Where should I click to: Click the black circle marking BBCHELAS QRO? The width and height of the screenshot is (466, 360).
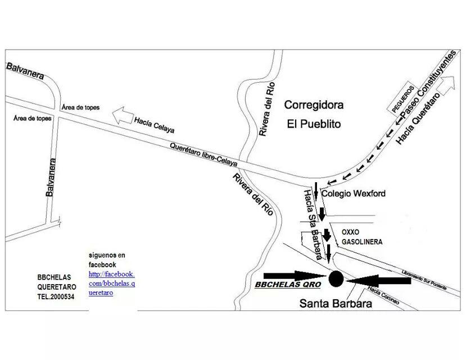pos(336,278)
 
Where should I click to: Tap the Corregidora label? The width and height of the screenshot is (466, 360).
pos(314,105)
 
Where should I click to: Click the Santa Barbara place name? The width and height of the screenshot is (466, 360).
pos(336,304)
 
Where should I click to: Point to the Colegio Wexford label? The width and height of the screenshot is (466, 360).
pos(354,193)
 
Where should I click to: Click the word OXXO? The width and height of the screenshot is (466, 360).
pos(350,232)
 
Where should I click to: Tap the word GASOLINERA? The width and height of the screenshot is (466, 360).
pos(362,242)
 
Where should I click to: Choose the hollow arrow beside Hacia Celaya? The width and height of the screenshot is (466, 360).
pos(121,116)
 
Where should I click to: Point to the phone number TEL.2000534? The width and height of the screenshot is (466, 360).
pos(56,296)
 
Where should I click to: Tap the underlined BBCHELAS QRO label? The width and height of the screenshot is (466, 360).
pos(288,285)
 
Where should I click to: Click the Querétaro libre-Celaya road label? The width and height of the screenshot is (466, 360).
pos(203,155)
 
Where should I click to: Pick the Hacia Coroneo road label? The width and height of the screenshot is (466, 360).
pos(383,296)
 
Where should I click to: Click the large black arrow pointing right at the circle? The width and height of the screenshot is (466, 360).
pos(292,275)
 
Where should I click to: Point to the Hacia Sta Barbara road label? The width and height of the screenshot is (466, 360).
pos(312,223)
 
